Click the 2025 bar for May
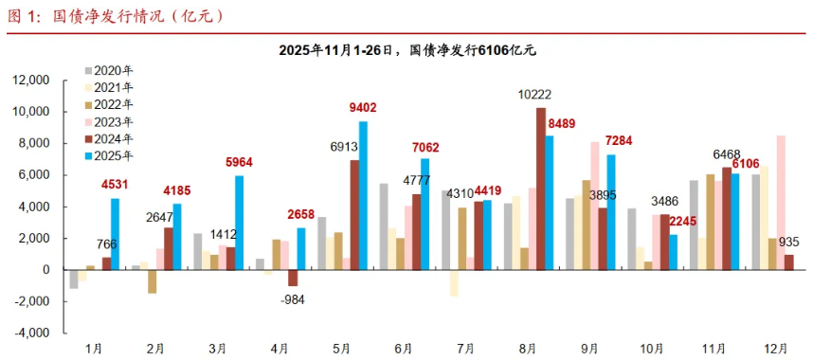pos(363,195)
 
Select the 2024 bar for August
pos(541,189)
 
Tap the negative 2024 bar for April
pos(293,278)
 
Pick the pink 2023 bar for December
pos(781,203)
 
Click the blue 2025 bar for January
pos(115,234)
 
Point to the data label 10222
pos(533,95)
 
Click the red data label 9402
pos(362,108)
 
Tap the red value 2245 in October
pos(683,222)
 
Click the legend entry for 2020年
pos(109,70)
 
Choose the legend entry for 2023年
pos(109,122)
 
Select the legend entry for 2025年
pos(109,155)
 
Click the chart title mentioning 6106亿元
pos(407,50)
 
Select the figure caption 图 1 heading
pos(117,16)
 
